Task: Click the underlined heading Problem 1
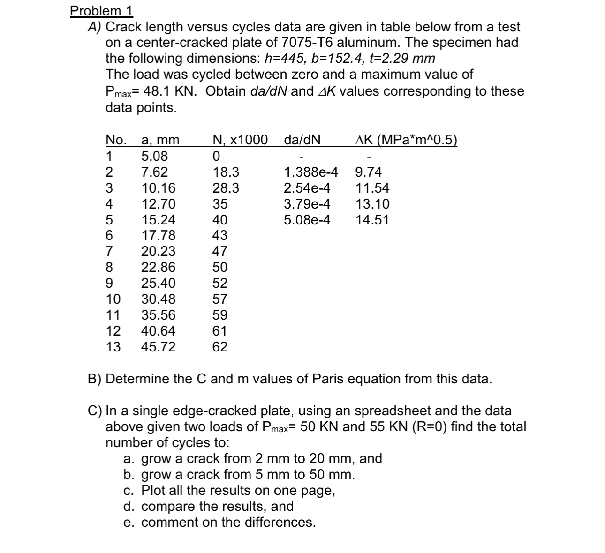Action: (x=101, y=10)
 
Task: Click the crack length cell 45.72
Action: (x=159, y=347)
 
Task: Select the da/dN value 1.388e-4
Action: (x=311, y=172)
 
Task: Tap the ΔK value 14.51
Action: (x=372, y=220)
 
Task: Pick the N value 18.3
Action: (x=226, y=172)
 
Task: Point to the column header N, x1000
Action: (x=240, y=140)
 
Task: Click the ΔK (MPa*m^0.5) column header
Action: (x=406, y=140)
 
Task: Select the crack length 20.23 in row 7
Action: (x=159, y=251)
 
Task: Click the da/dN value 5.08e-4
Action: (x=307, y=220)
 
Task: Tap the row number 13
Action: (x=113, y=347)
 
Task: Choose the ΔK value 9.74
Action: (x=368, y=172)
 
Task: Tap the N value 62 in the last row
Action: (x=219, y=347)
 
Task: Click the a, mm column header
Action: (x=160, y=140)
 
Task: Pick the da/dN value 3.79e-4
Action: (x=307, y=204)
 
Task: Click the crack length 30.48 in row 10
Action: (x=159, y=299)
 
